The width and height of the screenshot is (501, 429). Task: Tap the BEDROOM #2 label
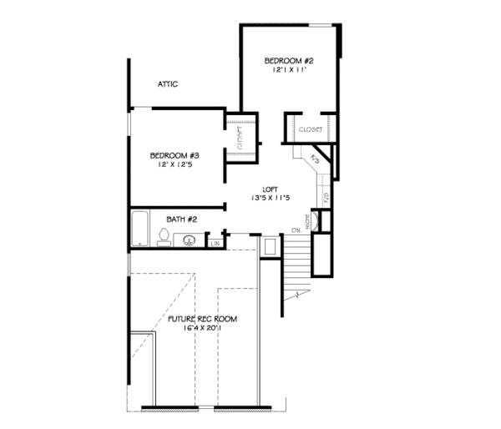[289, 61]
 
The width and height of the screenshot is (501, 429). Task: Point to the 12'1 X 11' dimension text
[289, 71]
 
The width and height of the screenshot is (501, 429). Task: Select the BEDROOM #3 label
[174, 155]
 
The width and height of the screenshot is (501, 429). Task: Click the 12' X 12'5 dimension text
[174, 165]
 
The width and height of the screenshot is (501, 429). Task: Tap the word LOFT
[269, 189]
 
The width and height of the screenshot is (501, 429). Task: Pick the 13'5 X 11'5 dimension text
[269, 198]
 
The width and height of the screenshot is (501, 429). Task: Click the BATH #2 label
[180, 220]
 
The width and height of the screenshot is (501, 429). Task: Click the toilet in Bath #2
[164, 240]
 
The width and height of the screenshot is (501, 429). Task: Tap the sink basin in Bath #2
[190, 241]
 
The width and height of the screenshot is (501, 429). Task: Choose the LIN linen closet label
[215, 244]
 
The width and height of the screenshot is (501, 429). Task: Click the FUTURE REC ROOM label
[202, 319]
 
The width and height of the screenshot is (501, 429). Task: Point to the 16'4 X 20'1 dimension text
[202, 329]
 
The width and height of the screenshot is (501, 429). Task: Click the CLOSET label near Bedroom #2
[311, 129]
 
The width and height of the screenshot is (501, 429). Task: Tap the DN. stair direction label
[296, 230]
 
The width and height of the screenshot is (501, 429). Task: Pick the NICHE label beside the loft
[308, 221]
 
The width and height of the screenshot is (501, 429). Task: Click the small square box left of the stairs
[270, 247]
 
